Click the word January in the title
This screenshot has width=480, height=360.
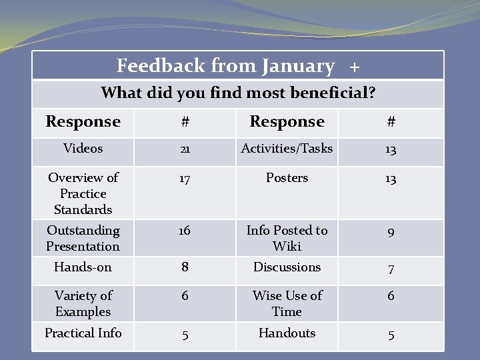tap(298, 66)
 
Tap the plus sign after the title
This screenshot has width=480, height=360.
tap(354, 67)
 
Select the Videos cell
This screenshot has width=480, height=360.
tap(83, 149)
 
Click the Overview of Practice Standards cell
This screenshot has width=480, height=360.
tap(83, 193)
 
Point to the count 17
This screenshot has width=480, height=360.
tap(185, 179)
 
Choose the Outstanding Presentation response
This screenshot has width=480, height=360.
tap(83, 238)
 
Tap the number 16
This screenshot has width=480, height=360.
tap(185, 231)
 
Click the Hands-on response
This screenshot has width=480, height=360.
tap(83, 267)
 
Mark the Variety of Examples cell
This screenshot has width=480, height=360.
tap(83, 303)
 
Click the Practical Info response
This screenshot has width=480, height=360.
tap(83, 332)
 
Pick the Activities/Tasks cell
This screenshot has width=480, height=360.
tap(287, 149)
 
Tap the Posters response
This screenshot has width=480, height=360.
tap(287, 178)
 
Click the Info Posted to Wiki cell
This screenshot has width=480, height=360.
tap(287, 238)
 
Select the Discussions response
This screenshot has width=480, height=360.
tap(287, 267)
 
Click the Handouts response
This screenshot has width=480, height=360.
tap(287, 333)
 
